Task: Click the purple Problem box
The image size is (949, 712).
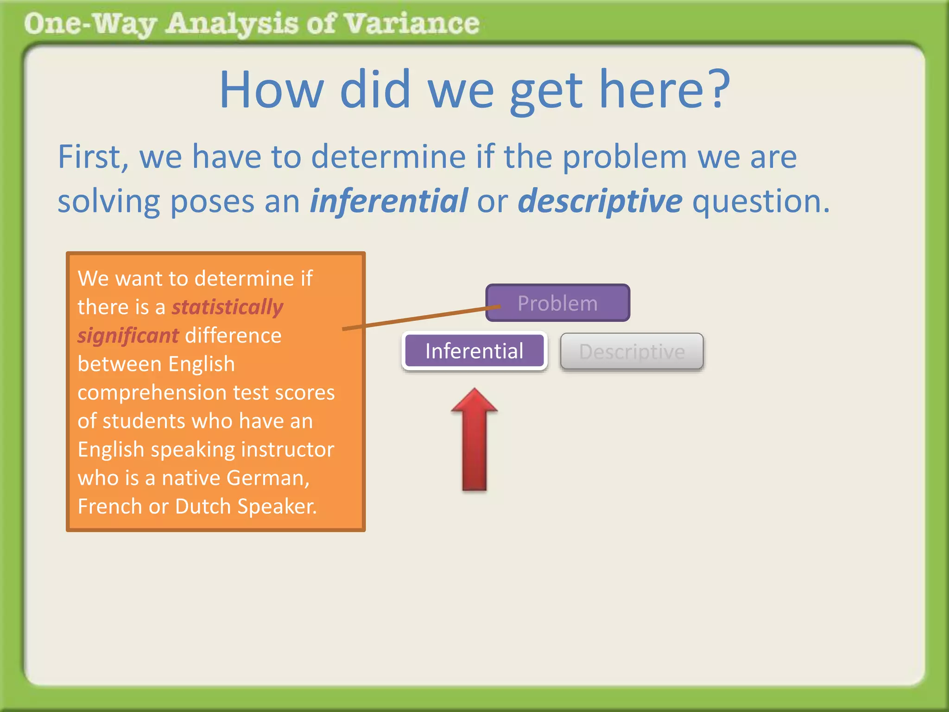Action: coord(557,303)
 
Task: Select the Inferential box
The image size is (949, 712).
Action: coord(474,351)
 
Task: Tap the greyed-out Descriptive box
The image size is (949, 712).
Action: coord(632,351)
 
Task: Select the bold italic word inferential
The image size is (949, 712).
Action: coord(388,201)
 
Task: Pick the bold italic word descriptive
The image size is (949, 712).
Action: coord(600,201)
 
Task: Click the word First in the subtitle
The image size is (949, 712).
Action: coord(89,157)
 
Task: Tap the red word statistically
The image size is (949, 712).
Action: coord(227,307)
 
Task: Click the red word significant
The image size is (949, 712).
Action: coord(128,336)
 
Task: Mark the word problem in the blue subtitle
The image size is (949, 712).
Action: coord(625,157)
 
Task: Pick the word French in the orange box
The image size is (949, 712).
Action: coord(109,506)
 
